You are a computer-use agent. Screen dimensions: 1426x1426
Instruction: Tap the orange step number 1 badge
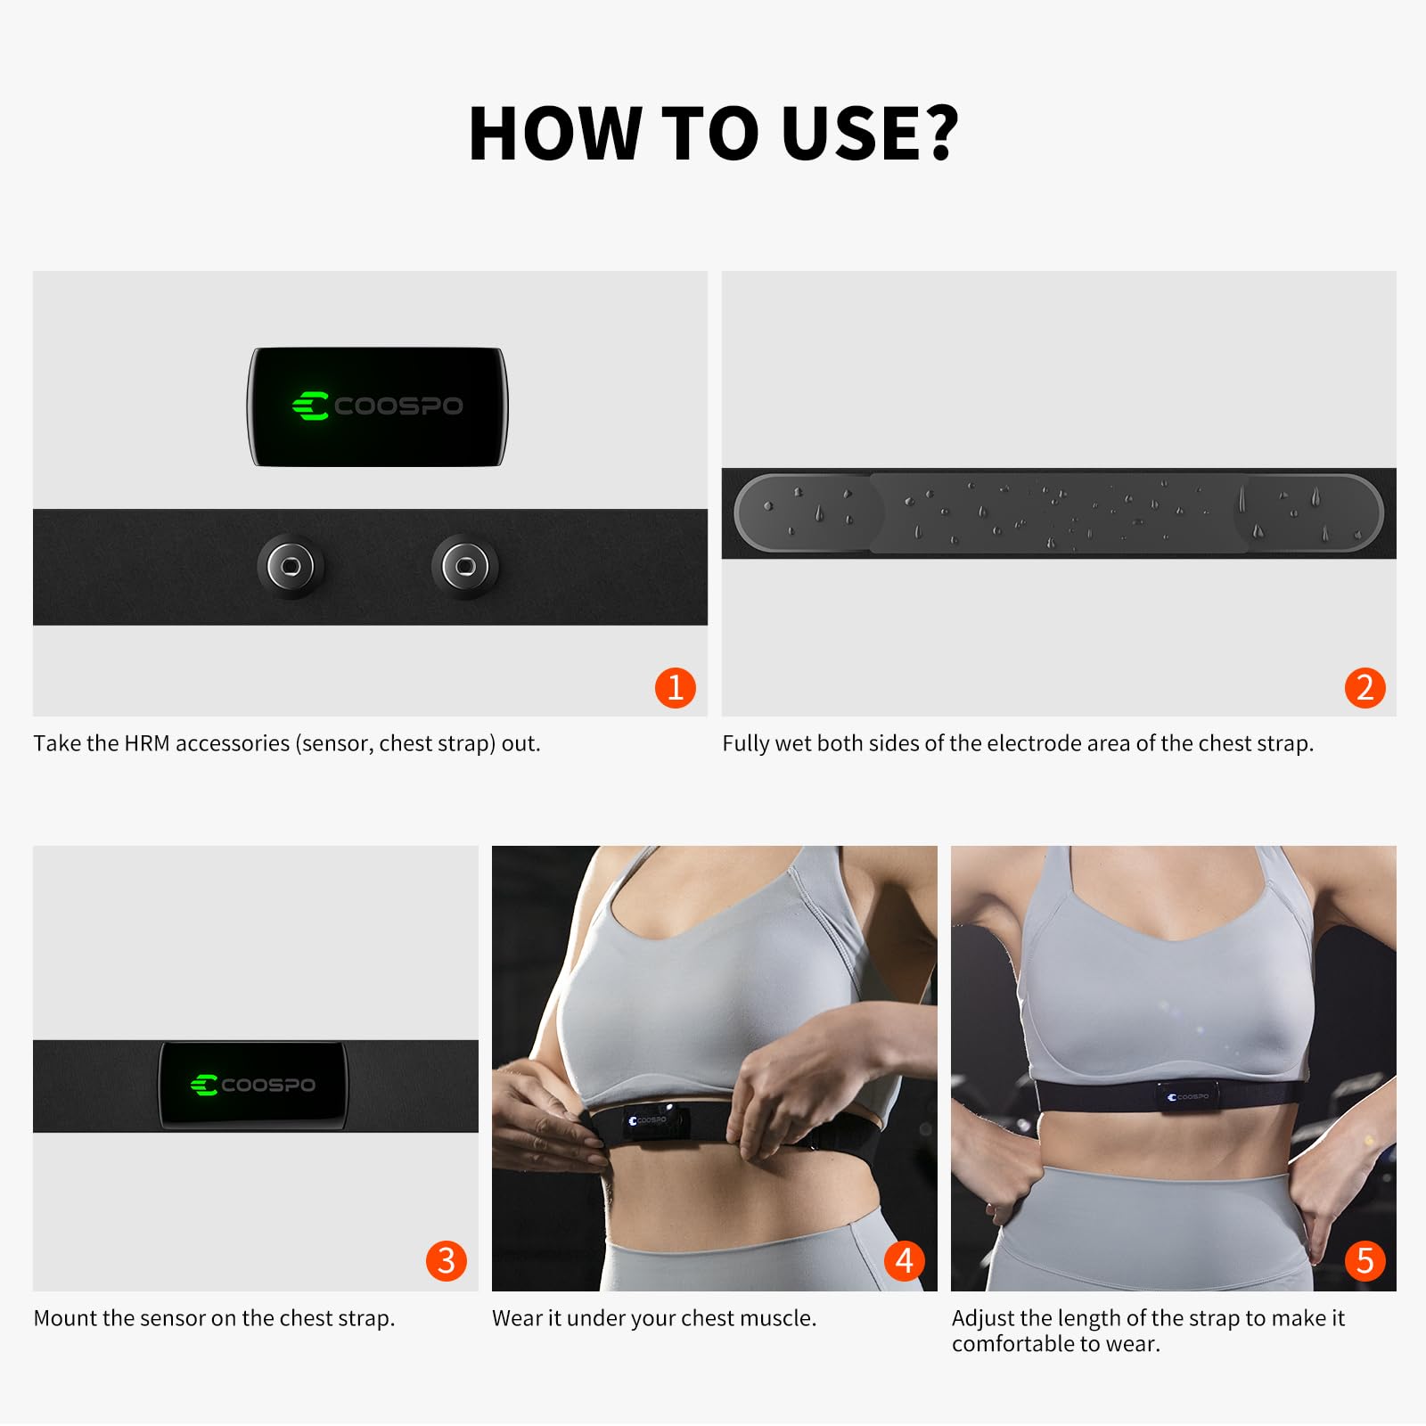675,687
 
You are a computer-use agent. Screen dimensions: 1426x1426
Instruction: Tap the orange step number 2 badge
1365,687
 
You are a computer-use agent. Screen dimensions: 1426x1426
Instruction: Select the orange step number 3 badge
447,1260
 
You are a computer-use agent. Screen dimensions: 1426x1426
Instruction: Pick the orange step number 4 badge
905,1260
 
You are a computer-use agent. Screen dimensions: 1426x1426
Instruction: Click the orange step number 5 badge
1365,1260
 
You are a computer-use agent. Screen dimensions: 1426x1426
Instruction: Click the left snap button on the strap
291,566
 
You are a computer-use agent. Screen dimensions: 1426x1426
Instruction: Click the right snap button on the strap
465,566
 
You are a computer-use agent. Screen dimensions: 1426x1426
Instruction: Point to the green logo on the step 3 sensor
205,1085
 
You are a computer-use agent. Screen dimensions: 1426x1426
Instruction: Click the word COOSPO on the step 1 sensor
398,406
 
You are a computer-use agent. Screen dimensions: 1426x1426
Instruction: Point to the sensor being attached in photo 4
651,1121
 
